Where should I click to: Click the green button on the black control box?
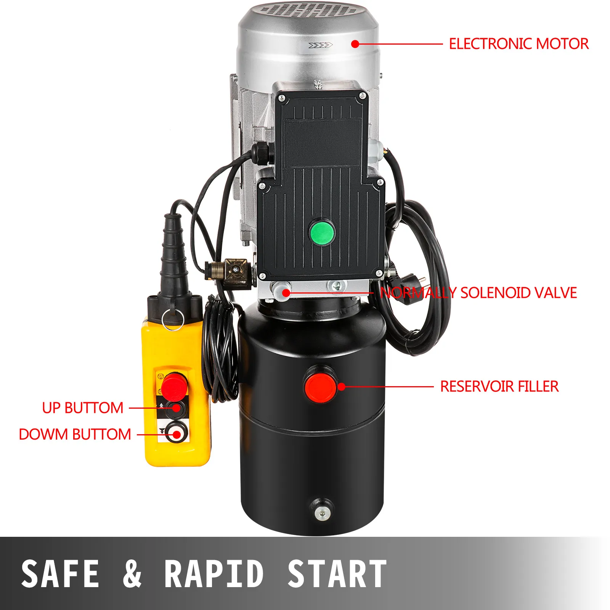tap(322, 232)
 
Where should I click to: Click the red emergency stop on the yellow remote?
tap(174, 385)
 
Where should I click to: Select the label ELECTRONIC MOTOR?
tap(518, 44)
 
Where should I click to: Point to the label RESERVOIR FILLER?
tap(499, 387)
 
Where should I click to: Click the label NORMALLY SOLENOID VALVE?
tap(478, 293)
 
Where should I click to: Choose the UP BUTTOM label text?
tap(83, 408)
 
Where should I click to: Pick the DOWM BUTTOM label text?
tap(75, 434)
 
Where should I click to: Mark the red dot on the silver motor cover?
tap(355, 44)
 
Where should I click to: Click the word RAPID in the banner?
tap(214, 573)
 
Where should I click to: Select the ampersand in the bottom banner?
tap(132, 573)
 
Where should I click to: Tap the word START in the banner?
tap(337, 573)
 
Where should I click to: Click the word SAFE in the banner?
tap(60, 573)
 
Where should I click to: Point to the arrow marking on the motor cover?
tap(320, 46)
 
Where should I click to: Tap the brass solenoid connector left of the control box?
tap(228, 271)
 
